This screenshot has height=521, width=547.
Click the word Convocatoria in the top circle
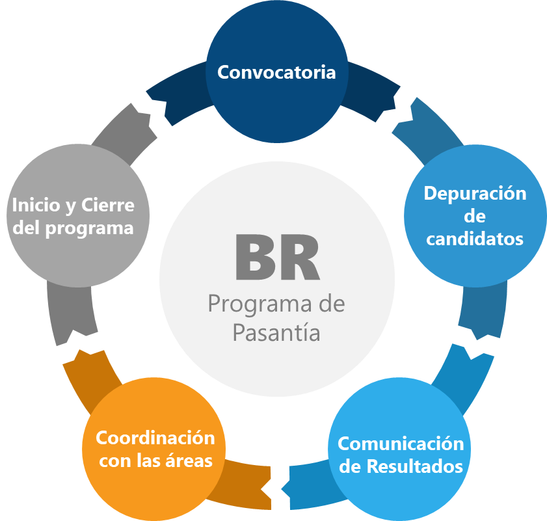tap(276, 72)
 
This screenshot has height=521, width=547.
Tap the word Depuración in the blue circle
tap(475, 194)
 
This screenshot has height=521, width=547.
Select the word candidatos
tap(475, 239)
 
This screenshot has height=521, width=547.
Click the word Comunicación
tap(401, 444)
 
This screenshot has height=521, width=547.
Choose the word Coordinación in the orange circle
tap(155, 438)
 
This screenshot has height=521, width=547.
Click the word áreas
tap(191, 461)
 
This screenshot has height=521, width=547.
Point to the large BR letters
tap(277, 257)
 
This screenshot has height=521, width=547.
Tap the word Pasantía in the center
tap(276, 332)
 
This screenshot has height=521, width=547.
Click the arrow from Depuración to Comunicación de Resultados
tap(485, 312)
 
